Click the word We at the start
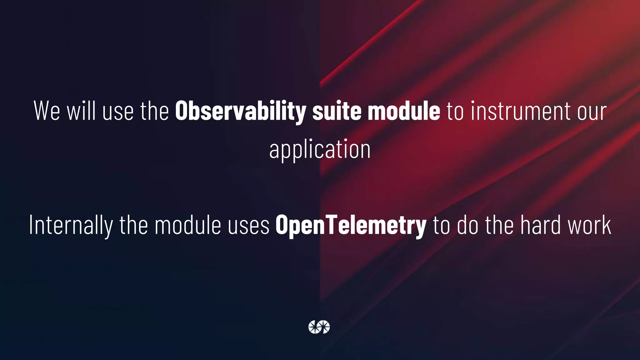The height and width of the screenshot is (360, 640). coord(47,111)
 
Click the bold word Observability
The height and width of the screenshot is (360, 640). coord(240,111)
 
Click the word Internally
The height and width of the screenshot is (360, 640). coord(71,225)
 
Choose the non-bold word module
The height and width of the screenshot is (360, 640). coord(188,225)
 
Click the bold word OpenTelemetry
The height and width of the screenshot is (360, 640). coord(351,225)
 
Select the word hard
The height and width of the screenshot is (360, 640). coord(540,225)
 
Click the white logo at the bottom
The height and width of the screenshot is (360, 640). coord(319,327)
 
